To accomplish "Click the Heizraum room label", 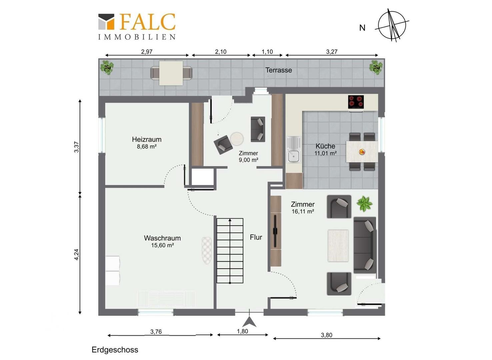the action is [147, 139].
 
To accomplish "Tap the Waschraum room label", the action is [162, 238].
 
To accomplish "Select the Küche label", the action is [325, 146].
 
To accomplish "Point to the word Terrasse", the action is [279, 70].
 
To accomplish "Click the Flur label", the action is [256, 237].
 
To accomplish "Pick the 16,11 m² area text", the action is [303, 212].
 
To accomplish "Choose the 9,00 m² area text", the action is [248, 160].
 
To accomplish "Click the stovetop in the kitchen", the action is [356, 102].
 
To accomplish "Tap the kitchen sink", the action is [294, 150].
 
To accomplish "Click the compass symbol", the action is [392, 25].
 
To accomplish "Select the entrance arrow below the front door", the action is [249, 322].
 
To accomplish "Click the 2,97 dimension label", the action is [147, 52].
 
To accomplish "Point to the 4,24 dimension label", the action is [76, 254].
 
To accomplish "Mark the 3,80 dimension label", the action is [326, 335].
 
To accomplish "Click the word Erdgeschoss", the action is [115, 350].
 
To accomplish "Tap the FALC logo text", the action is [148, 22].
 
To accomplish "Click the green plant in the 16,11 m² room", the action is [364, 204].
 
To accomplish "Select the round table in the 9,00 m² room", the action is [237, 139].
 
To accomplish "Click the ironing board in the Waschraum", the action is [207, 251].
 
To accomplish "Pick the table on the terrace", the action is [171, 73].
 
